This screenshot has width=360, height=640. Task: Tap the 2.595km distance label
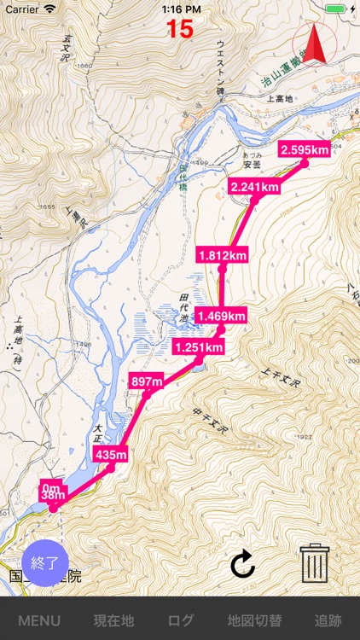point(304,150)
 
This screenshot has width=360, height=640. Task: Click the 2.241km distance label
point(254,187)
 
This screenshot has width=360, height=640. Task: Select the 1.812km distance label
point(223,255)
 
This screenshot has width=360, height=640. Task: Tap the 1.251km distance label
point(198,347)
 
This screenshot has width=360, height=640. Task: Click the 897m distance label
point(146,381)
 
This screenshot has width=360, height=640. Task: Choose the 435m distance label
point(111,455)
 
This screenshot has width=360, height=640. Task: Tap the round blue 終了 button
point(44,562)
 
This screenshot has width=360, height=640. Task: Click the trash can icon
point(315,562)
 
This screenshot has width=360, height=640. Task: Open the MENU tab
point(39,620)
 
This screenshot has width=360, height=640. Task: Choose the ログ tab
point(181,620)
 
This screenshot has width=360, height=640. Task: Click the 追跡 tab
point(328,620)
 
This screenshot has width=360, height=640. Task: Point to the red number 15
point(180,29)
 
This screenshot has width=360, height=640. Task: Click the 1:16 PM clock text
point(180,9)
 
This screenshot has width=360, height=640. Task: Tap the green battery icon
point(336,9)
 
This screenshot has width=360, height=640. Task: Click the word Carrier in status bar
point(22,9)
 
